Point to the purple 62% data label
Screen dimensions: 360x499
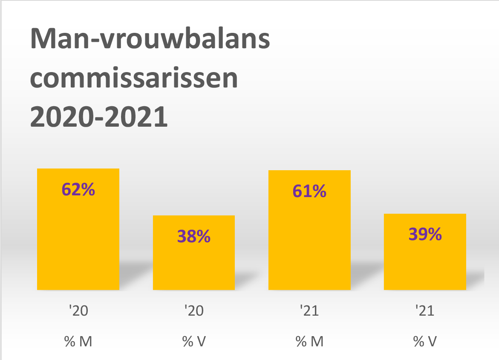pyautogui.click(x=78, y=190)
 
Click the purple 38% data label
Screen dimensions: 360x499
pyautogui.click(x=194, y=236)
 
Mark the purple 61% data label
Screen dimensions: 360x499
pyautogui.click(x=309, y=192)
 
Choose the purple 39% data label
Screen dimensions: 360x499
pyautogui.click(x=425, y=234)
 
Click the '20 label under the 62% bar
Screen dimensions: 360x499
pyautogui.click(x=78, y=311)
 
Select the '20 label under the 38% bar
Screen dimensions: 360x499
pyautogui.click(x=194, y=311)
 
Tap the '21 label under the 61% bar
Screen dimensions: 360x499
pyautogui.click(x=309, y=311)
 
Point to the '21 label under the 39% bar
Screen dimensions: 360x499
pyautogui.click(x=425, y=311)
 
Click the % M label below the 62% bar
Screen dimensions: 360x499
pyautogui.click(x=78, y=342)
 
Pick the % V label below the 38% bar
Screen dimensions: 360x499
pyautogui.click(x=194, y=342)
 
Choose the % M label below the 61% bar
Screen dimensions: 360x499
pyautogui.click(x=309, y=342)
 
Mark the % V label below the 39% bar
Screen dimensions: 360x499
pyautogui.click(x=425, y=342)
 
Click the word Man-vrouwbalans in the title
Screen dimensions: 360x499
pyautogui.click(x=150, y=41)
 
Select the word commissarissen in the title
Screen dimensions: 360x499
pyautogui.click(x=134, y=79)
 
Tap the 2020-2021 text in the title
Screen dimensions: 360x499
pyautogui.click(x=99, y=118)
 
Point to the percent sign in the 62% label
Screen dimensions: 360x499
pyautogui.click(x=88, y=190)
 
